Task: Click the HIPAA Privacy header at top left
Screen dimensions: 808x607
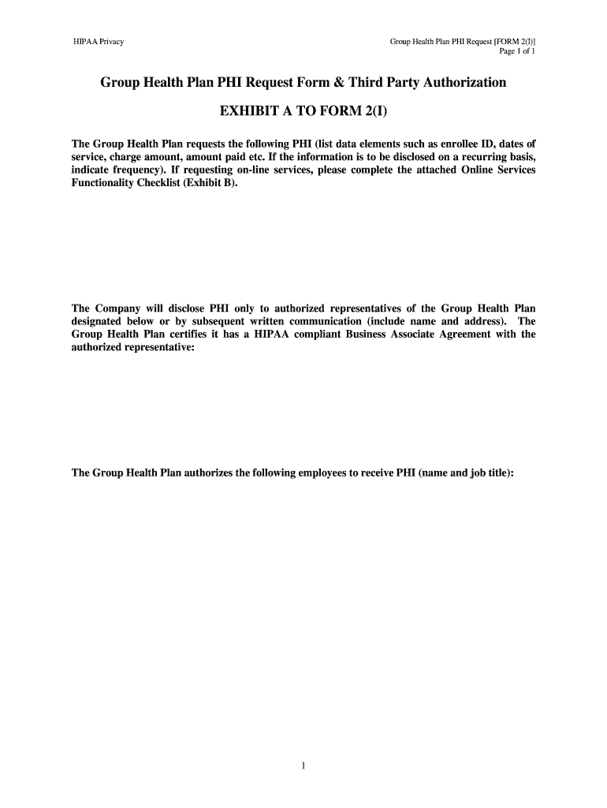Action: (x=98, y=41)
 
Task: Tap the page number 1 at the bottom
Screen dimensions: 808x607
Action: (x=303, y=765)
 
